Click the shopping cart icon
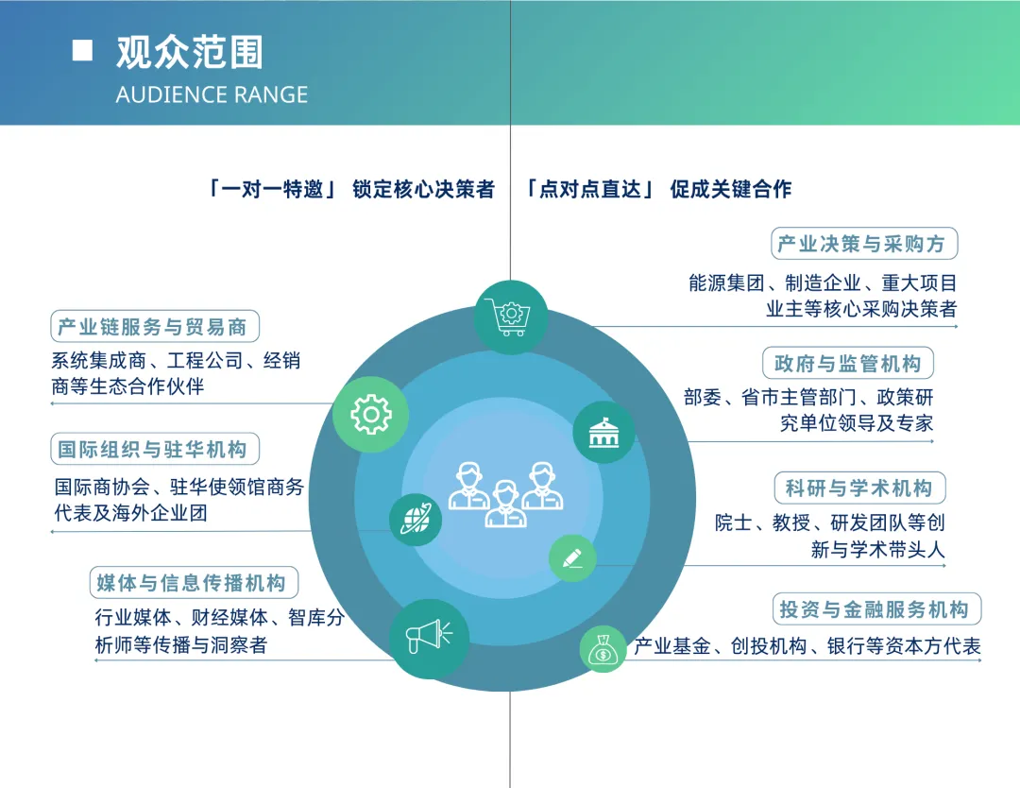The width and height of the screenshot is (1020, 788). (x=511, y=317)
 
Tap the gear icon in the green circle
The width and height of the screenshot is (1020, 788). (x=370, y=414)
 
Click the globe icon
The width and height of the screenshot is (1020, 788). (x=416, y=519)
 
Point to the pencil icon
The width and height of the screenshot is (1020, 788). (x=573, y=557)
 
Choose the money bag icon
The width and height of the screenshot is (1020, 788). (x=603, y=649)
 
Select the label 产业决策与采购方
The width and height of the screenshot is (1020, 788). (x=864, y=244)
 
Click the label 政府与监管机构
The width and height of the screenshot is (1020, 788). (x=847, y=363)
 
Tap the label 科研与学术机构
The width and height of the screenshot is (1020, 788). (x=858, y=488)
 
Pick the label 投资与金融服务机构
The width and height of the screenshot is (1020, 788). (x=874, y=609)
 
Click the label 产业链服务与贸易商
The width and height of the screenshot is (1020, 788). (x=154, y=327)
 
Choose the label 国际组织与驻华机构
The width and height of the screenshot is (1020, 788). (x=154, y=449)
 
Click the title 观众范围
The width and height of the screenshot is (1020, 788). (x=189, y=53)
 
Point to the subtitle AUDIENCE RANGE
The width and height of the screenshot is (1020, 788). (x=212, y=94)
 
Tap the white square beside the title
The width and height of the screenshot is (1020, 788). (x=83, y=51)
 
